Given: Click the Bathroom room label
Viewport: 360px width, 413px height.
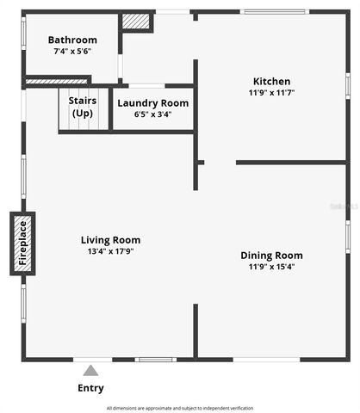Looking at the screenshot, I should pos(72,40).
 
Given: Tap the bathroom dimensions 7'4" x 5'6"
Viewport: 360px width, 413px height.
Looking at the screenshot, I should pos(72,52).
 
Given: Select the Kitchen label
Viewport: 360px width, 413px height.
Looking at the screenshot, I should pos(271,82).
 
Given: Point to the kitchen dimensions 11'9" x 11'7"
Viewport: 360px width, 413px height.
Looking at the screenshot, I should pos(271,93).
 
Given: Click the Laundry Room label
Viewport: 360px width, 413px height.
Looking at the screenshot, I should pos(152,103).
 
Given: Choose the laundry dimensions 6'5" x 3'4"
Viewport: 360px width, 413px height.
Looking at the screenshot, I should pos(152,114).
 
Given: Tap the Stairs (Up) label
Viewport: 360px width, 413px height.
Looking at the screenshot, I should pos(83,107).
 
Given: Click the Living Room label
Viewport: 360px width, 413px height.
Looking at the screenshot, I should pos(111,240).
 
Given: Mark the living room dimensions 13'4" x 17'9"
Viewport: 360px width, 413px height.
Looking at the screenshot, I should pos(111,252).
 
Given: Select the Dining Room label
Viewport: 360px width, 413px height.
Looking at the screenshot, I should pos(271,255).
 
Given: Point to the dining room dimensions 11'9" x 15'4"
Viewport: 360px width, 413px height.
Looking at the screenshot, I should pos(271,267).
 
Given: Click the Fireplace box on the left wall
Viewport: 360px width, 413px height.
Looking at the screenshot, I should pos(23,243).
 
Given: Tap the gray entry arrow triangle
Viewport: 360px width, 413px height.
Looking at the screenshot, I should pos(90,371).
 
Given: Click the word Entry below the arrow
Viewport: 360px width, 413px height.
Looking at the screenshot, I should pos(90,388).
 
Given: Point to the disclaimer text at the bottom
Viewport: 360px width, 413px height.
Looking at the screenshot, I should pos(180,408).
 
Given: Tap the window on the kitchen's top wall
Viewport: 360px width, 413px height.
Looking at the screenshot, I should pos(273,11).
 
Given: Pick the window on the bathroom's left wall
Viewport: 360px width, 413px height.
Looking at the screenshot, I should pos(23,39).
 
